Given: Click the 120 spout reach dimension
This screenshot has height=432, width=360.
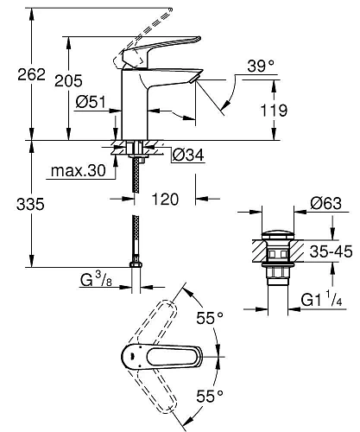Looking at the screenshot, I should tap(165, 200).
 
